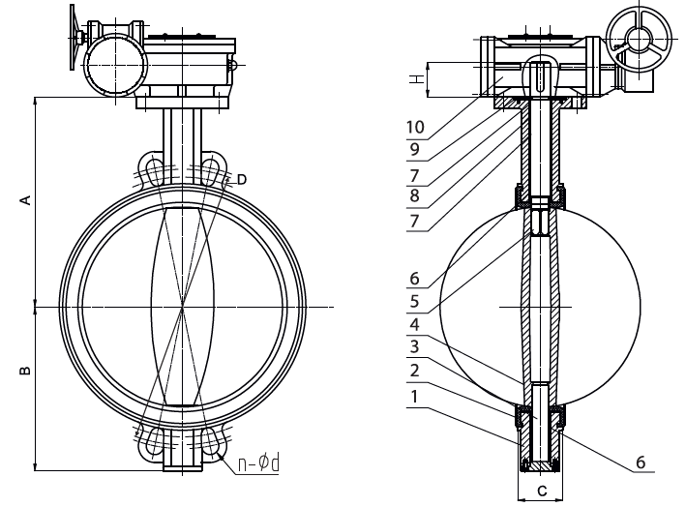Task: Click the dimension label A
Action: [x=27, y=200]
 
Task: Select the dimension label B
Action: [x=27, y=371]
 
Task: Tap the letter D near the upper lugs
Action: [x=241, y=179]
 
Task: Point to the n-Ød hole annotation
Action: [x=258, y=463]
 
